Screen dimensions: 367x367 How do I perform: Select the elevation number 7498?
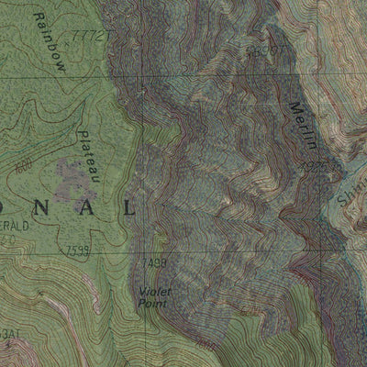click(x=155, y=263)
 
